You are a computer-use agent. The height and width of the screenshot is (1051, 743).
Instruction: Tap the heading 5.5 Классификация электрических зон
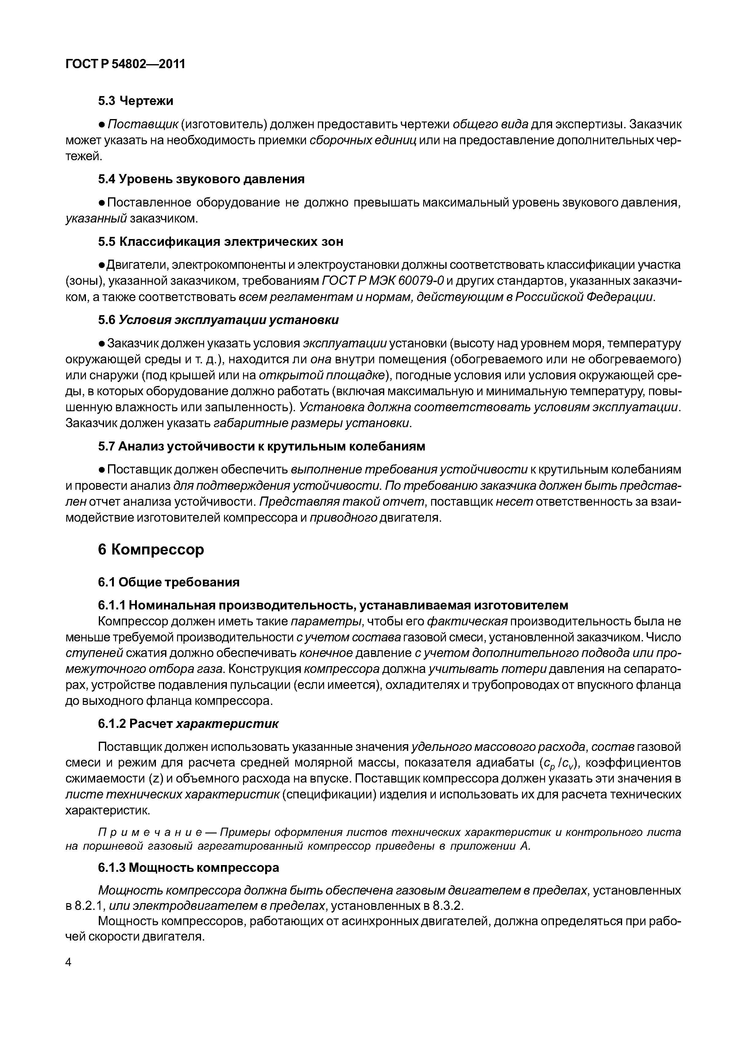(220, 242)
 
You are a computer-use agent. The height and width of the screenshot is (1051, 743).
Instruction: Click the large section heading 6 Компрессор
(151, 549)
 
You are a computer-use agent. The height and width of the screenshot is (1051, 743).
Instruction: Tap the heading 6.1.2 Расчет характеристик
(188, 723)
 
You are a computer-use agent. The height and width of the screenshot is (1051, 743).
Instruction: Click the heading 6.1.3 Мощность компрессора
(188, 867)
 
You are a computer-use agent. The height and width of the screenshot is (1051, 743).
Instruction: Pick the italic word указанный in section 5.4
(96, 218)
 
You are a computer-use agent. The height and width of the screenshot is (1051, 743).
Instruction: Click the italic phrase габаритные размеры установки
(311, 423)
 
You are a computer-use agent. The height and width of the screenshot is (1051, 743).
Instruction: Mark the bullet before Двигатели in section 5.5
(102, 265)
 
